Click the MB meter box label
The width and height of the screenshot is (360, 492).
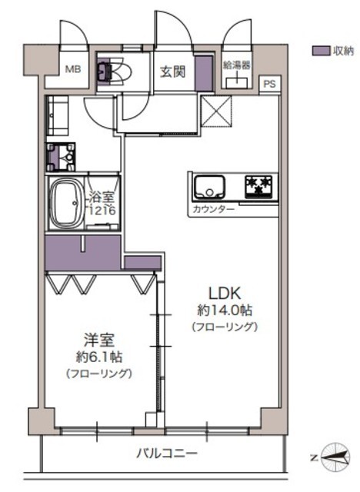pyautogui.click(x=73, y=69)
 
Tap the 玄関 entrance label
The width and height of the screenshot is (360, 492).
pyautogui.click(x=173, y=71)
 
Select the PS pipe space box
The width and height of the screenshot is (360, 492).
pyautogui.click(x=269, y=84)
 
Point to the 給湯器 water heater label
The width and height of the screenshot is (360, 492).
pyautogui.click(x=237, y=65)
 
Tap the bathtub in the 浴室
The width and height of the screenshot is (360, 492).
pyautogui.click(x=65, y=203)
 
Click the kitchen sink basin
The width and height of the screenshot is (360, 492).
pyautogui.click(x=209, y=187)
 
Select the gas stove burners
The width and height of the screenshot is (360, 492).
pyautogui.click(x=258, y=187)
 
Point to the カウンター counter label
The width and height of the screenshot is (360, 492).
pyautogui.click(x=213, y=209)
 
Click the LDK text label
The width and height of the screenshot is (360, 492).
pyautogui.click(x=225, y=294)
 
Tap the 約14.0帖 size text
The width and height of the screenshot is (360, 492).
pyautogui.click(x=225, y=311)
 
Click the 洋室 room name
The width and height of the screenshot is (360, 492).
pyautogui.click(x=99, y=340)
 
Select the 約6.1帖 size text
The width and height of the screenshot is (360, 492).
pyautogui.click(x=99, y=357)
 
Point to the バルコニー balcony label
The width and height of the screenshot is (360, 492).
pyautogui.click(x=167, y=453)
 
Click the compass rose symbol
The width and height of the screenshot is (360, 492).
pyautogui.click(x=336, y=457)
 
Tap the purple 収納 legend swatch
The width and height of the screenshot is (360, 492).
pyautogui.click(x=321, y=51)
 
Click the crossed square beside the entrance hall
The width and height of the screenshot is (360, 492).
pyautogui.click(x=216, y=111)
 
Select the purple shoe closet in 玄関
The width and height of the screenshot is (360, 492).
pyautogui.click(x=204, y=73)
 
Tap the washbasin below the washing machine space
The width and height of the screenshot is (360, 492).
pyautogui.click(x=61, y=157)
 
